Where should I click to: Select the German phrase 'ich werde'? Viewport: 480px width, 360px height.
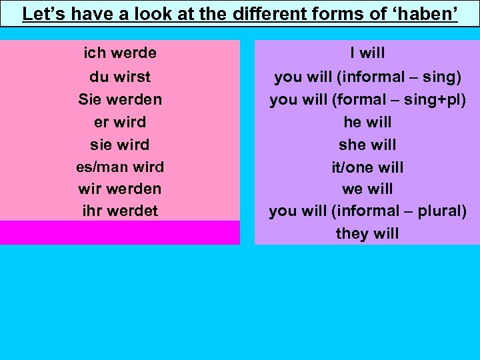pyautogui.click(x=120, y=53)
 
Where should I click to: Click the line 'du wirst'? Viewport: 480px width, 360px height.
pyautogui.click(x=120, y=77)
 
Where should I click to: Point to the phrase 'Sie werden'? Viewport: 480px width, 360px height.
pyautogui.click(x=120, y=99)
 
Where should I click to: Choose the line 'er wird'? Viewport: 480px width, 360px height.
pyautogui.click(x=120, y=122)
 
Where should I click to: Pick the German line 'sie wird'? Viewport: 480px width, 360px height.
pyautogui.click(x=120, y=145)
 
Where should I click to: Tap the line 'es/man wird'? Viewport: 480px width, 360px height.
pyautogui.click(x=120, y=167)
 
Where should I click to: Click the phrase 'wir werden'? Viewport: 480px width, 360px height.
pyautogui.click(x=120, y=189)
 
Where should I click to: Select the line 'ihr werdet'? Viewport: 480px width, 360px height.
pyautogui.click(x=120, y=211)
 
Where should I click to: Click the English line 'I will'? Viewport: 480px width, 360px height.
pyautogui.click(x=367, y=53)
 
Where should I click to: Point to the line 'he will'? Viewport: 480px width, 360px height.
pyautogui.click(x=367, y=122)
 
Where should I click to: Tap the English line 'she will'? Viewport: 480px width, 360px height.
pyautogui.click(x=367, y=145)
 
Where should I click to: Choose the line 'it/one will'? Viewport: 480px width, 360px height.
pyautogui.click(x=367, y=167)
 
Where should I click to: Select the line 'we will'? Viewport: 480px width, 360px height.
pyautogui.click(x=367, y=189)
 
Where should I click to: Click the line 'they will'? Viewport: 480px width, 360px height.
pyautogui.click(x=367, y=233)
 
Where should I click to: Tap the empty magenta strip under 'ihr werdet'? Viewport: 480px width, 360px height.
pyautogui.click(x=120, y=233)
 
